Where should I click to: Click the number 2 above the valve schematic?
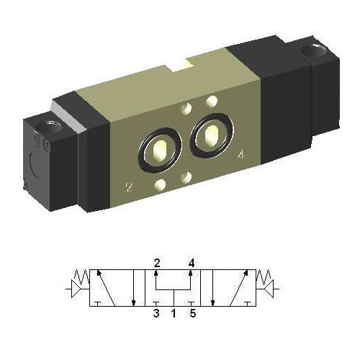click(x=156, y=262)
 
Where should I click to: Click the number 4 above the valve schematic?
click(x=191, y=262)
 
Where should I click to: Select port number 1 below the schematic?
click(x=174, y=313)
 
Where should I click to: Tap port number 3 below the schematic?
click(x=156, y=313)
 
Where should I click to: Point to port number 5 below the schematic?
click(x=191, y=313)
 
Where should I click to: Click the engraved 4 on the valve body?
click(x=240, y=153)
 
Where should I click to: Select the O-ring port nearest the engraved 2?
click(x=158, y=150)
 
